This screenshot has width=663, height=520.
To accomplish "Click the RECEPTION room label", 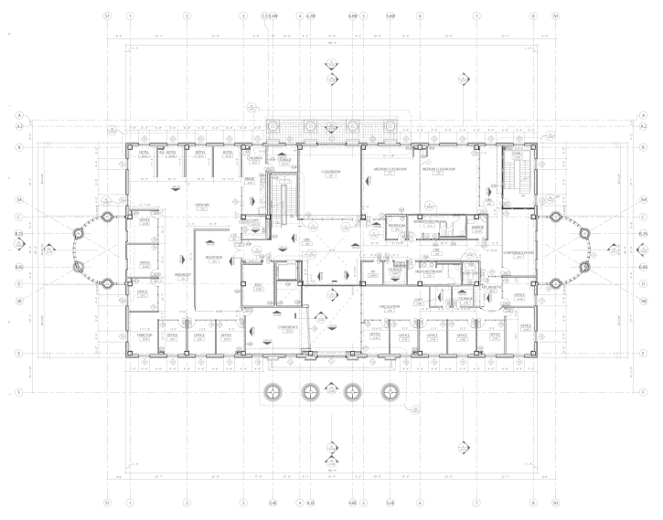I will coord(214,258).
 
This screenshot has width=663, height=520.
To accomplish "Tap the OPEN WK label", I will coord(203,205).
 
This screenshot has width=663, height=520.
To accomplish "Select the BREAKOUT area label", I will coord(181,275).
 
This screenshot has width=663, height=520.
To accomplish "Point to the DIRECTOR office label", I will coord(144,336).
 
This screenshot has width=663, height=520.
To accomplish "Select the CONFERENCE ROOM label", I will coord(518,252).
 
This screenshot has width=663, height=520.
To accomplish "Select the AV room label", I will coord(373,271).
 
